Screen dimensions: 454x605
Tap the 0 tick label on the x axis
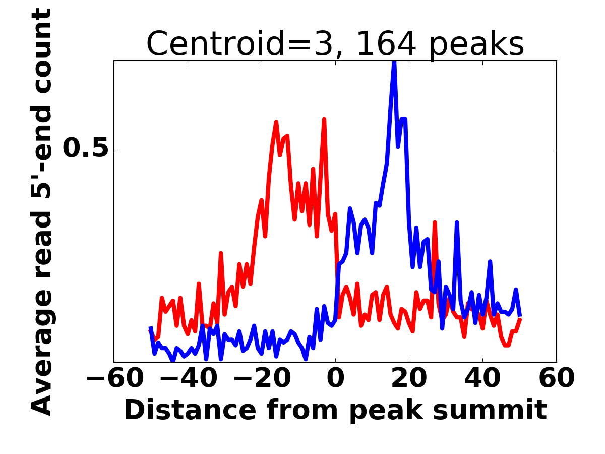pyautogui.click(x=335, y=378)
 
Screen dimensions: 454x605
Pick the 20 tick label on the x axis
pyautogui.click(x=409, y=378)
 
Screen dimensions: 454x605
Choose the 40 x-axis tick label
pyautogui.click(x=482, y=378)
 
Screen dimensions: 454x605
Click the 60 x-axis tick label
pyautogui.click(x=556, y=378)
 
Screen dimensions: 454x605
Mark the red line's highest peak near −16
pyautogui.click(x=276, y=122)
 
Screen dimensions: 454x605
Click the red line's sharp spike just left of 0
pyautogui.click(x=324, y=120)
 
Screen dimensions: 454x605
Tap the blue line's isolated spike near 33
pyautogui.click(x=457, y=222)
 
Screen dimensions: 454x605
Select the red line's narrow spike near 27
pyautogui.click(x=435, y=222)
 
